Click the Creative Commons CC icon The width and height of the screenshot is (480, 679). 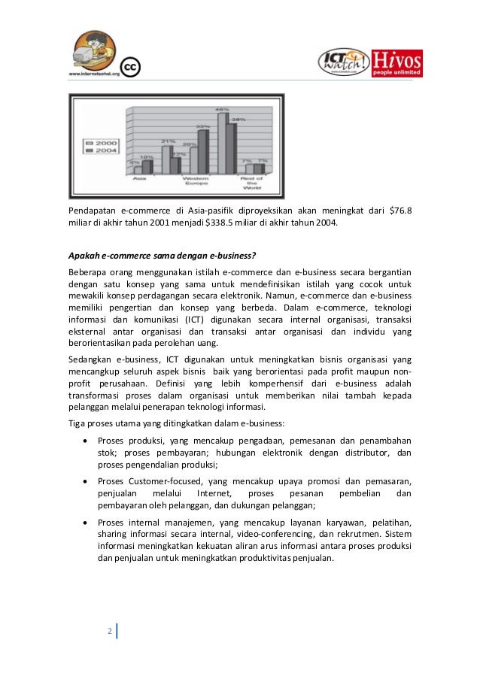(129, 68)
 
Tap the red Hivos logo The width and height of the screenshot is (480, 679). (397, 63)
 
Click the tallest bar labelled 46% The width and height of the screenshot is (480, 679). (222, 143)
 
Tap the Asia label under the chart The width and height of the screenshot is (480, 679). (140, 179)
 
